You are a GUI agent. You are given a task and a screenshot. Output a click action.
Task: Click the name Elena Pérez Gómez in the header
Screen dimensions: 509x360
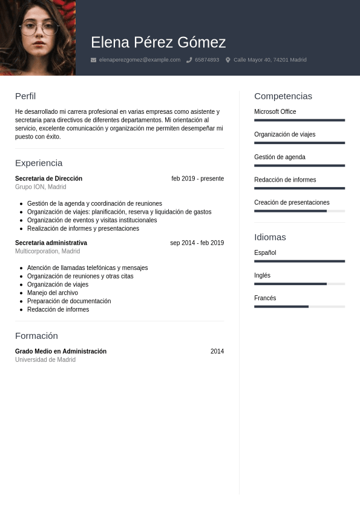pyautogui.click(x=158, y=42)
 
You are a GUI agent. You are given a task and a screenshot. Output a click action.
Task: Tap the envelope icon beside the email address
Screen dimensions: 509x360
pyautogui.click(x=93, y=60)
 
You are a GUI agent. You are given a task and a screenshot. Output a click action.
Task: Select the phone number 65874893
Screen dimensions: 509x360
pyautogui.click(x=207, y=60)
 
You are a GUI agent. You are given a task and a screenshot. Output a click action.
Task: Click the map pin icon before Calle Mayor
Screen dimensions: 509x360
pyautogui.click(x=228, y=60)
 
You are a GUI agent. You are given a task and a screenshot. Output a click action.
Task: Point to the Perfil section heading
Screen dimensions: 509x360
pyautogui.click(x=25, y=96)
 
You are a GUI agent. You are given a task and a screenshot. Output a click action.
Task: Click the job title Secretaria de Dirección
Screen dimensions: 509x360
pyautogui.click(x=48, y=179)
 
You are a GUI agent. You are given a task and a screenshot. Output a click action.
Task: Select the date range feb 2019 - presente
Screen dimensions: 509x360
pyautogui.click(x=197, y=179)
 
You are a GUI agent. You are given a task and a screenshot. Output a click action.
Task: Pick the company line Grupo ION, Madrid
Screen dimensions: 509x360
pyautogui.click(x=41, y=187)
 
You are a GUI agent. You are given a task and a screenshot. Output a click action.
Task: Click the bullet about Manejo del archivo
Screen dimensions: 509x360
pyautogui.click(x=53, y=293)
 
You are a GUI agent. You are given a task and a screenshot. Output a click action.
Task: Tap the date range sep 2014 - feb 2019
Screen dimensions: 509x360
pyautogui.click(x=197, y=243)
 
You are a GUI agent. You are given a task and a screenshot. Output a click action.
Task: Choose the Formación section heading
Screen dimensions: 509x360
pyautogui.click(x=36, y=336)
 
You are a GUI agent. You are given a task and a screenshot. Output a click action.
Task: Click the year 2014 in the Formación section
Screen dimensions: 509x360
pyautogui.click(x=217, y=352)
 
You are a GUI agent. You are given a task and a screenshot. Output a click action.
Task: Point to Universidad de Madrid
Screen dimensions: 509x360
pyautogui.click(x=45, y=360)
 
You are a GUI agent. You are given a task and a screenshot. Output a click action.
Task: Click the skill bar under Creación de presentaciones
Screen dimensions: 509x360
pyautogui.click(x=299, y=211)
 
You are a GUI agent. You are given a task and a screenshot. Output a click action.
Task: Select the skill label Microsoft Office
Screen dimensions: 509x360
pyautogui.click(x=275, y=112)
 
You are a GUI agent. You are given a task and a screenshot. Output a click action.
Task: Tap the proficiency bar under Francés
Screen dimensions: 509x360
pyautogui.click(x=299, y=307)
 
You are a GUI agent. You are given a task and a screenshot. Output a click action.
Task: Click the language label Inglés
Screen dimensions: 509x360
pyautogui.click(x=262, y=275)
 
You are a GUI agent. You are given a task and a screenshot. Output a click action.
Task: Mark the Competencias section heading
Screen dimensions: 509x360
pyautogui.click(x=283, y=96)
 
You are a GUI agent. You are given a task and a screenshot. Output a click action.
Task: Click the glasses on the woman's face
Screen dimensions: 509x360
pyautogui.click(x=38, y=28)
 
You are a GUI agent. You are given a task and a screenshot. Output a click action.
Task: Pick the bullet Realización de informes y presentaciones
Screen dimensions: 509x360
pyautogui.click(x=83, y=229)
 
